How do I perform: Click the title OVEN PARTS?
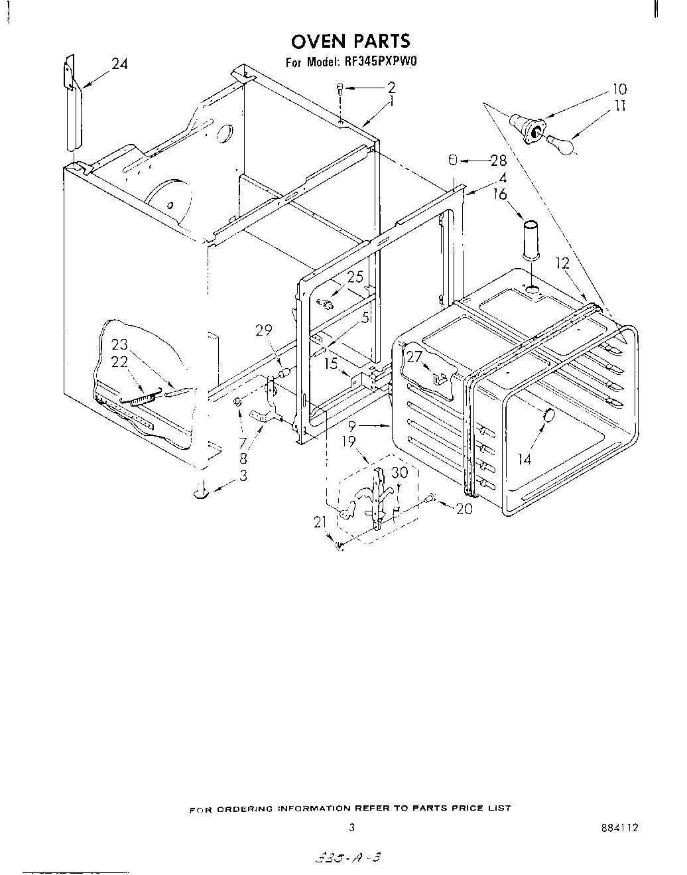pos(351,41)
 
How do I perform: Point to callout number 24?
pos(119,64)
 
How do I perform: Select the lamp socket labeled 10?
pos(529,127)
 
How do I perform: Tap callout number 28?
pos(497,161)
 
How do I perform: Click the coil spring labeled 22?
pos(138,400)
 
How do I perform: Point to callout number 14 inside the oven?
pos(525,458)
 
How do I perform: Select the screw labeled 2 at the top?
pos(340,88)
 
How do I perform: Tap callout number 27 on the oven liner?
pos(414,356)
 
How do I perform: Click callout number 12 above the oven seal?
pos(563,264)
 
